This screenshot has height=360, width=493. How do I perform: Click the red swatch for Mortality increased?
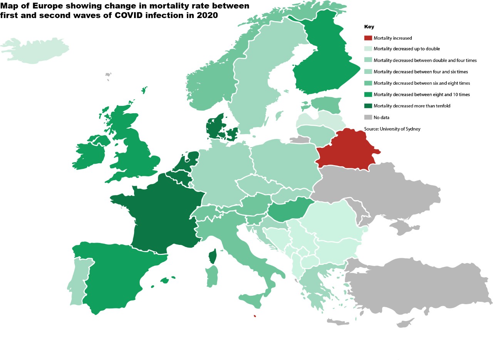368,38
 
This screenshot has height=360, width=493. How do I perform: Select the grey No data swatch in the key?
368,117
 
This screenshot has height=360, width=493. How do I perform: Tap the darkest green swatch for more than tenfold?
368,105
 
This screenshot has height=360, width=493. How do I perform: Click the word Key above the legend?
369,27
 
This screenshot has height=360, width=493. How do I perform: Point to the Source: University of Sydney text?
392,129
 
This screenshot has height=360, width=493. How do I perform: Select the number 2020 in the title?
209,16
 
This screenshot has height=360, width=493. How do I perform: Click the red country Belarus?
349,150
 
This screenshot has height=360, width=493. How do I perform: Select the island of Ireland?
91,152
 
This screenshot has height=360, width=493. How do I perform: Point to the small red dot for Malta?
255,316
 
